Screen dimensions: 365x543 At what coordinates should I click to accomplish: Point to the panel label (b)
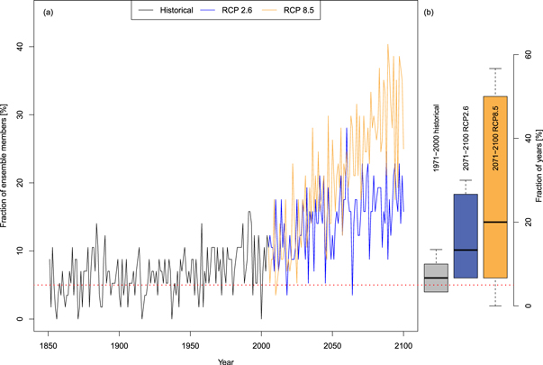click(x=430, y=13)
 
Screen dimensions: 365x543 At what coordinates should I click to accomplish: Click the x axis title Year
click(x=225, y=360)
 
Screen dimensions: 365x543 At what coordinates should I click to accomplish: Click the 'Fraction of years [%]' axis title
click(x=537, y=180)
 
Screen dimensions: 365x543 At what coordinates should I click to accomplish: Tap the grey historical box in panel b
click(x=436, y=278)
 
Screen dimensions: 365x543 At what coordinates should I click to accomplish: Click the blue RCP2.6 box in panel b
click(x=466, y=235)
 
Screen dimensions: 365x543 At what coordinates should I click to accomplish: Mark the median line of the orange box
click(x=494, y=222)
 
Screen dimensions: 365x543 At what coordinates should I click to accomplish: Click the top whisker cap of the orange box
click(x=494, y=68)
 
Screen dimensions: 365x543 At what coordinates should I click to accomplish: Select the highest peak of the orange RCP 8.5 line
click(x=388, y=44)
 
